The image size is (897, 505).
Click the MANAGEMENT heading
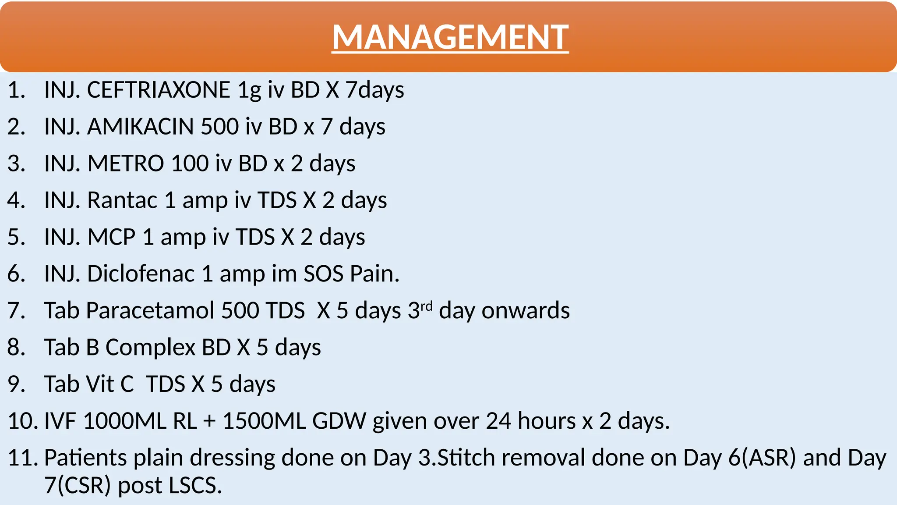[450, 37]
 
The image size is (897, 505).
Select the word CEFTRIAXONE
[159, 90]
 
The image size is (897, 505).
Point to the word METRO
[126, 164]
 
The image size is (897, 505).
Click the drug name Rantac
[122, 201]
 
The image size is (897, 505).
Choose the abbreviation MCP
[111, 238]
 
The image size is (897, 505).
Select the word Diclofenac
[141, 274]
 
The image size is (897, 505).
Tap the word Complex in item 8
[150, 348]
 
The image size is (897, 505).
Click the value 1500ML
[264, 421]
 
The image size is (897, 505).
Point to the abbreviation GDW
[339, 421]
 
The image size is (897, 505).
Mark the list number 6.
[16, 274]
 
